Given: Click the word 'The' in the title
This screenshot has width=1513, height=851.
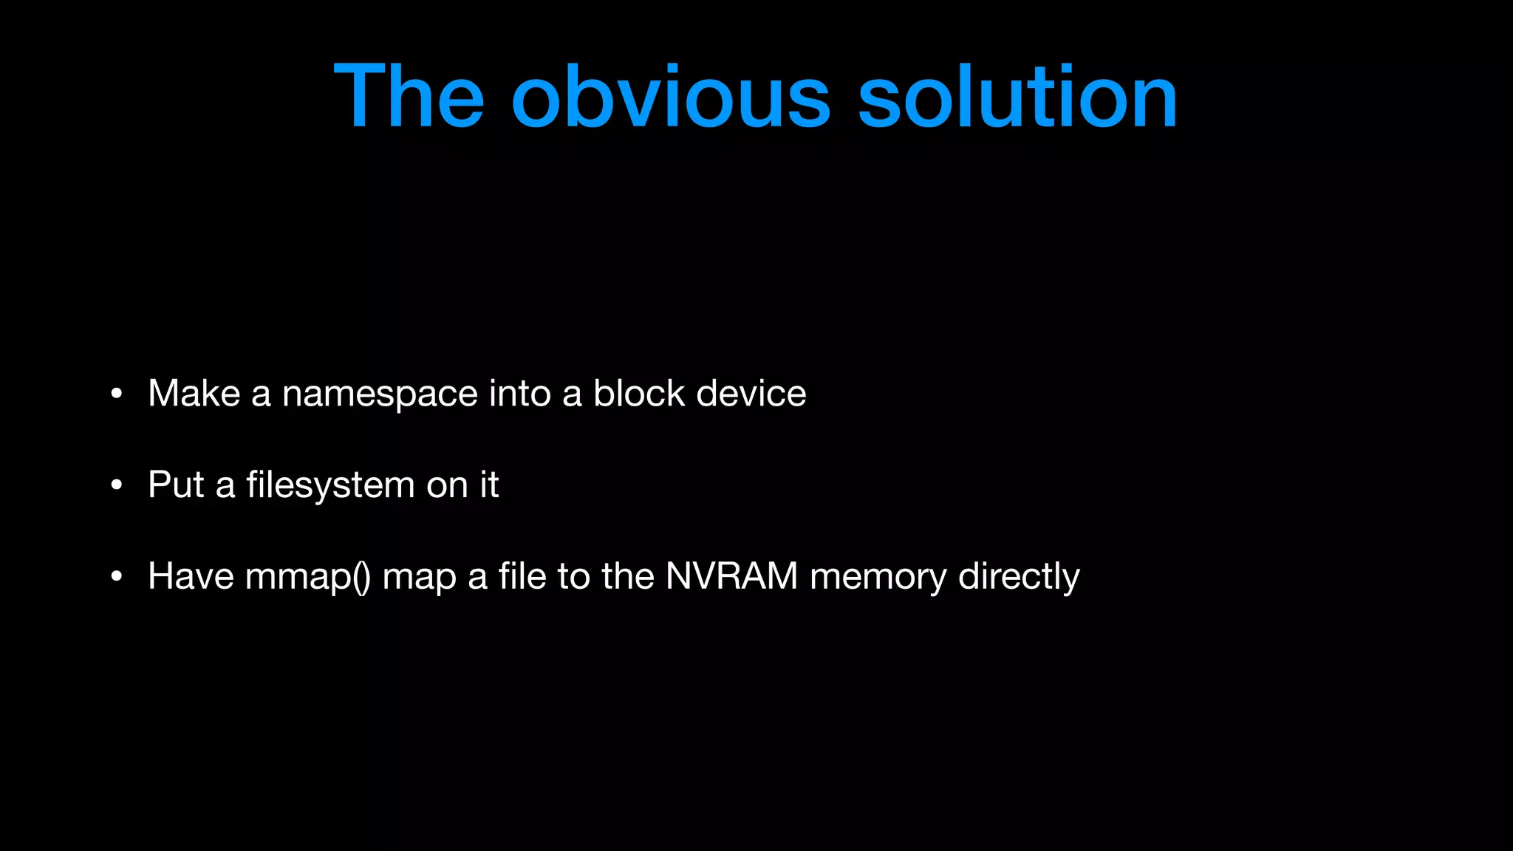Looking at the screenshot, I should tap(409, 96).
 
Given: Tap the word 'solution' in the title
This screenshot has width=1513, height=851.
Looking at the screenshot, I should tap(1017, 96).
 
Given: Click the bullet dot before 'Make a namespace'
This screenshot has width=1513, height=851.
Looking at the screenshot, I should tap(116, 394).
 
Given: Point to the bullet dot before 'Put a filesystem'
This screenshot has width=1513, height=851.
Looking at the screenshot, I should tap(116, 485).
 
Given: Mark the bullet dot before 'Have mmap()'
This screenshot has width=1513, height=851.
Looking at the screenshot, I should tap(116, 577).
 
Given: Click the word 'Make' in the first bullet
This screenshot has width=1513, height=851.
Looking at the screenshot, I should tap(194, 394).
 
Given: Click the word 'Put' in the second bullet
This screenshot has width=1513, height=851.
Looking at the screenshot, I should tap(176, 485).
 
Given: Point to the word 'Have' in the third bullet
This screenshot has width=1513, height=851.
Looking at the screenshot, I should tap(191, 577).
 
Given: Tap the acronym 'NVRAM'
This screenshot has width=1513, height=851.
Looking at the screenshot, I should tap(731, 577).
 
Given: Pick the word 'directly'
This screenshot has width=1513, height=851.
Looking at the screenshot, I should tap(1019, 577).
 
